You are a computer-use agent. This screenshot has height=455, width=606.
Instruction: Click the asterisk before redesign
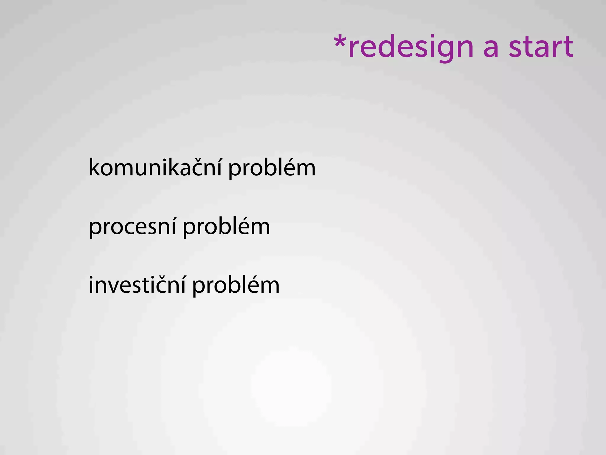click(x=340, y=41)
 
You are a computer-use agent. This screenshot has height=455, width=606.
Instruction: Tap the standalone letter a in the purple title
click(x=491, y=48)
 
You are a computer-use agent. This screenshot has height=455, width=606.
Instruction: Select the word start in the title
click(x=541, y=47)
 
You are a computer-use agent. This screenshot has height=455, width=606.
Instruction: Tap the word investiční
click(x=137, y=285)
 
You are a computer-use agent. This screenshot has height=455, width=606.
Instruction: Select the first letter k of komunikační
click(x=95, y=167)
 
